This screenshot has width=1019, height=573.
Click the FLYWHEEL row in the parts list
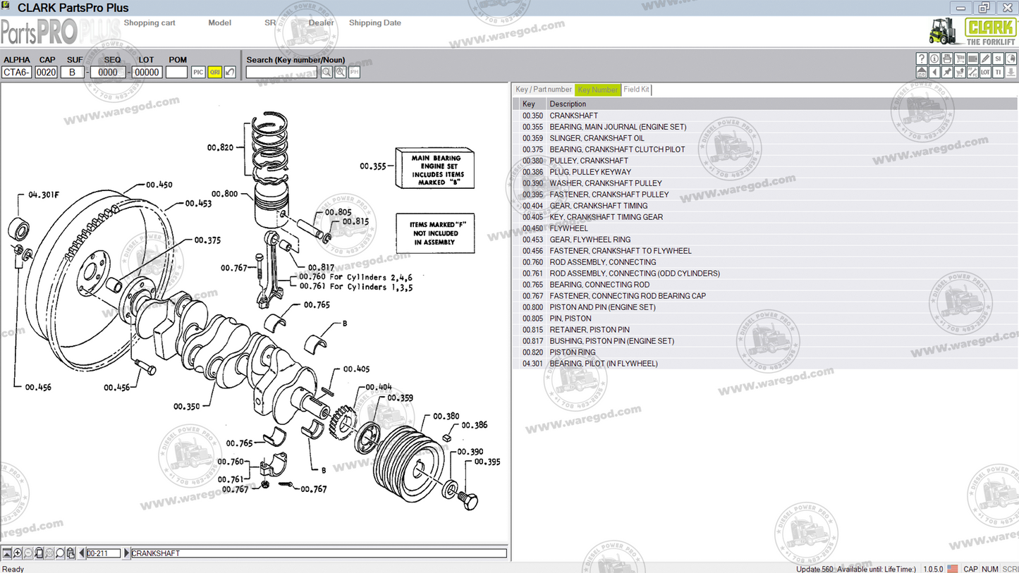coord(568,228)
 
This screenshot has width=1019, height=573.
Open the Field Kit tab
coord(636,90)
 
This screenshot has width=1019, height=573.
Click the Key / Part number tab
coord(543,90)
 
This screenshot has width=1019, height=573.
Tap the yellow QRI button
coord(214,72)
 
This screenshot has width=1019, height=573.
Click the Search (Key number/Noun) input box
coord(281,72)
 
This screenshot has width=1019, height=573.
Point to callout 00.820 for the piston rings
coord(220,147)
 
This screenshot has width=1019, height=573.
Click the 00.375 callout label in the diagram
coord(207,240)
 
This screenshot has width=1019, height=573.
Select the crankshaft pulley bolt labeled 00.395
coord(468,500)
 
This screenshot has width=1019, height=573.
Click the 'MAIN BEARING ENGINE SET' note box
coord(434,168)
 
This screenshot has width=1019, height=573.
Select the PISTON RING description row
coord(573,352)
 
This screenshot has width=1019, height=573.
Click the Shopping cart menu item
coord(150,23)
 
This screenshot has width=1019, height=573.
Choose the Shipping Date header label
coord(374,23)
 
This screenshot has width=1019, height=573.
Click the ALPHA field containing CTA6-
coord(16,72)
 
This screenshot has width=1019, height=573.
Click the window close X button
coord(1007,8)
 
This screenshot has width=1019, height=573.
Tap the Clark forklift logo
coord(973,31)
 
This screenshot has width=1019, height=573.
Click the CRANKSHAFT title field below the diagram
coord(317,553)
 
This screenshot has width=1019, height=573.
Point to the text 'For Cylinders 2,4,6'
coord(370,277)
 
